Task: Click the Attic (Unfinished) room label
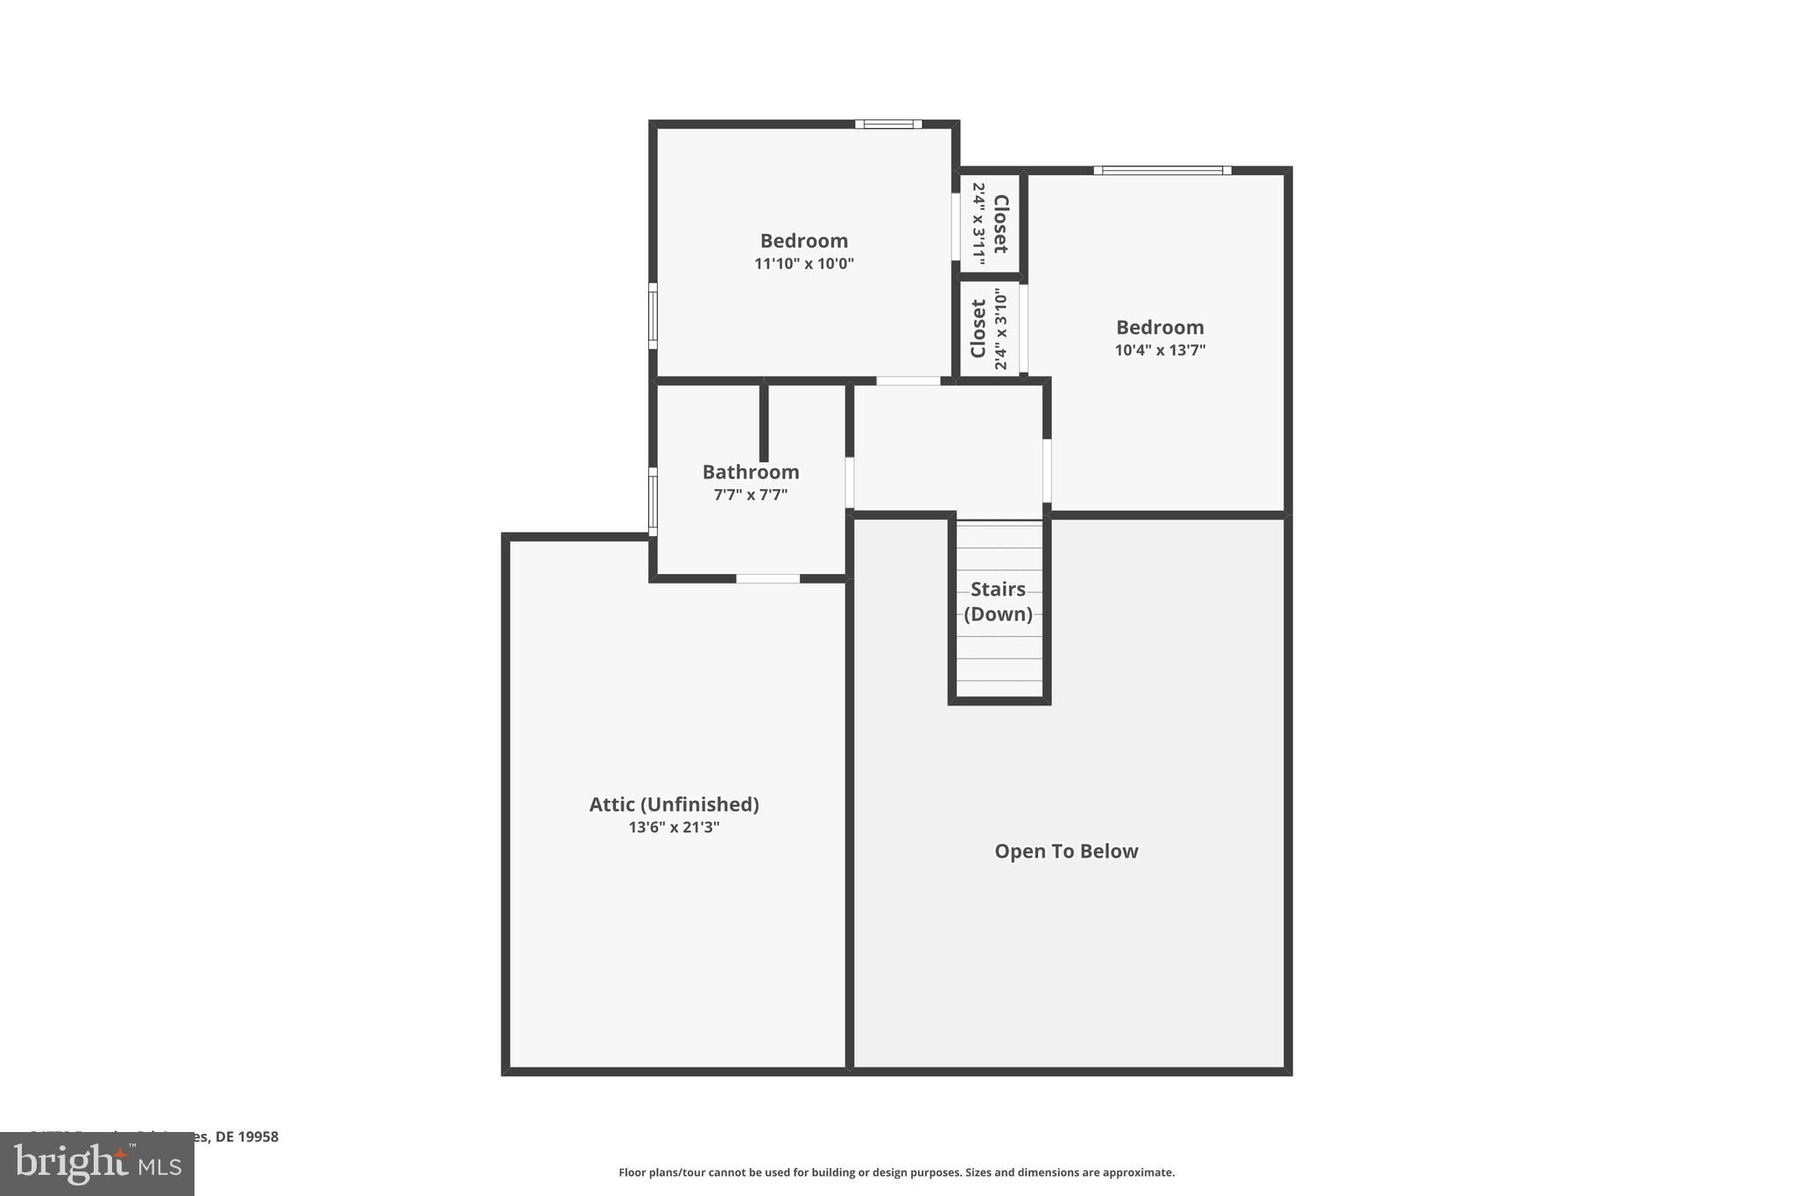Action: (x=674, y=804)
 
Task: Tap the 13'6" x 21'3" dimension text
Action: (x=674, y=827)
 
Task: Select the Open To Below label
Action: (x=1066, y=852)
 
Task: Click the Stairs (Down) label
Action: (x=998, y=601)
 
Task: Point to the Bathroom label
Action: (x=751, y=472)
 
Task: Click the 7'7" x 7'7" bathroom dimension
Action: (x=751, y=495)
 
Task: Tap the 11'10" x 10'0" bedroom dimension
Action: (x=804, y=264)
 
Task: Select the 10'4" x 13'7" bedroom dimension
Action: (x=1160, y=350)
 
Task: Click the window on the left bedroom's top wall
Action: (x=888, y=124)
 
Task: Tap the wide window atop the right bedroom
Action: (x=1162, y=170)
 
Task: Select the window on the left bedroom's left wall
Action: (x=653, y=315)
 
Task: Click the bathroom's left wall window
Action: (x=653, y=501)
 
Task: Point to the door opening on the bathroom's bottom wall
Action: (x=767, y=578)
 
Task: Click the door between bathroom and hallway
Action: (x=849, y=482)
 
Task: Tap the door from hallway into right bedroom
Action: (x=1047, y=471)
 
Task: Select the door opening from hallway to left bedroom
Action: (x=908, y=381)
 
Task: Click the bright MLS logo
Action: (x=97, y=1164)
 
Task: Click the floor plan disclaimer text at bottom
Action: (x=896, y=1172)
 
